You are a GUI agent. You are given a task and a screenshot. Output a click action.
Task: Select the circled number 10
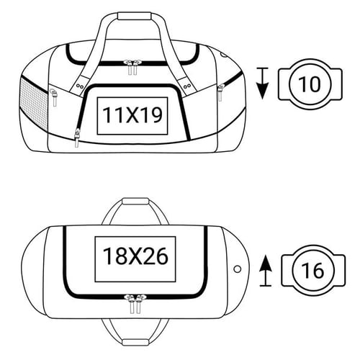pyautogui.click(x=308, y=84)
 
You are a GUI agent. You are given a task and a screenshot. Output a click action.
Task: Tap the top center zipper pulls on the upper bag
pyautogui.click(x=131, y=67)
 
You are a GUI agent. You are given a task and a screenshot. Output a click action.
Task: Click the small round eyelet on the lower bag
pyautogui.click(x=238, y=268)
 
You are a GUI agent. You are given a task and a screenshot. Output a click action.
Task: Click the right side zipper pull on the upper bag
pyautogui.click(x=220, y=91)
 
